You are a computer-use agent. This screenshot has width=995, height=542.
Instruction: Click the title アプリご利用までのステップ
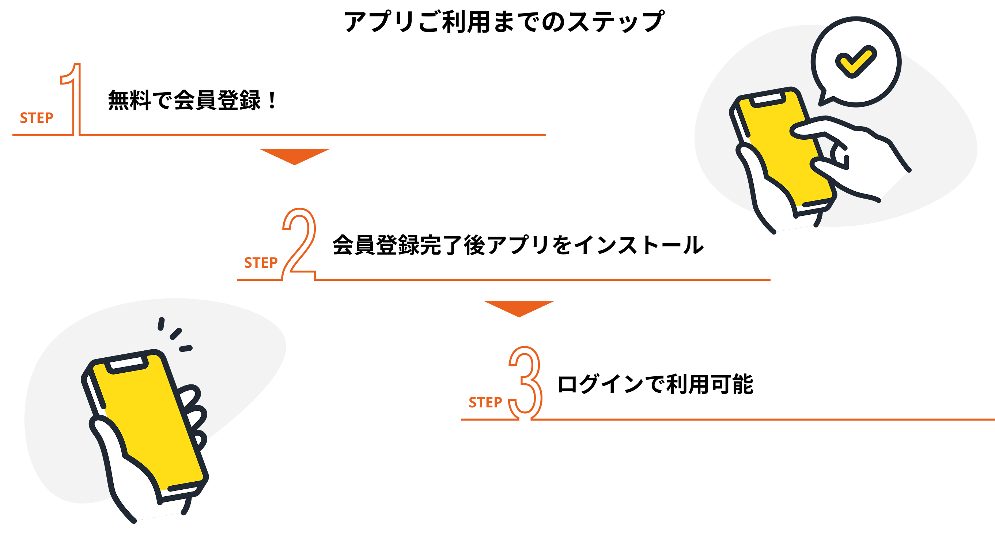(504, 22)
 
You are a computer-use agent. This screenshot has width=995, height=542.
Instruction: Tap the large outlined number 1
(76, 99)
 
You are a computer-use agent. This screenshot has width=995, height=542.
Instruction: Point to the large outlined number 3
(526, 383)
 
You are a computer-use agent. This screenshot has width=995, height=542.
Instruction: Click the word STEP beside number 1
(37, 118)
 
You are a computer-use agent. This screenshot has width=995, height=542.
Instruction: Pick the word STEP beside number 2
(261, 263)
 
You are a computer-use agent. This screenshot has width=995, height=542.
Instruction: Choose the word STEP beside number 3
(485, 403)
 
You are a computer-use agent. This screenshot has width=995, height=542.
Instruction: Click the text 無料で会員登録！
(192, 100)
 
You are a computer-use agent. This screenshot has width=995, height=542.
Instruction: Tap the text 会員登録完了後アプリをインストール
(518, 245)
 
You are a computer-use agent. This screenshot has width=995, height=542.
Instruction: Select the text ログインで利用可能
(655, 384)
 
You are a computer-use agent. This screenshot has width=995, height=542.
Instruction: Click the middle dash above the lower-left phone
(176, 334)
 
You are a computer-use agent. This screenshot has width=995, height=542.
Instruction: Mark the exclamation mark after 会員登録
(272, 100)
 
